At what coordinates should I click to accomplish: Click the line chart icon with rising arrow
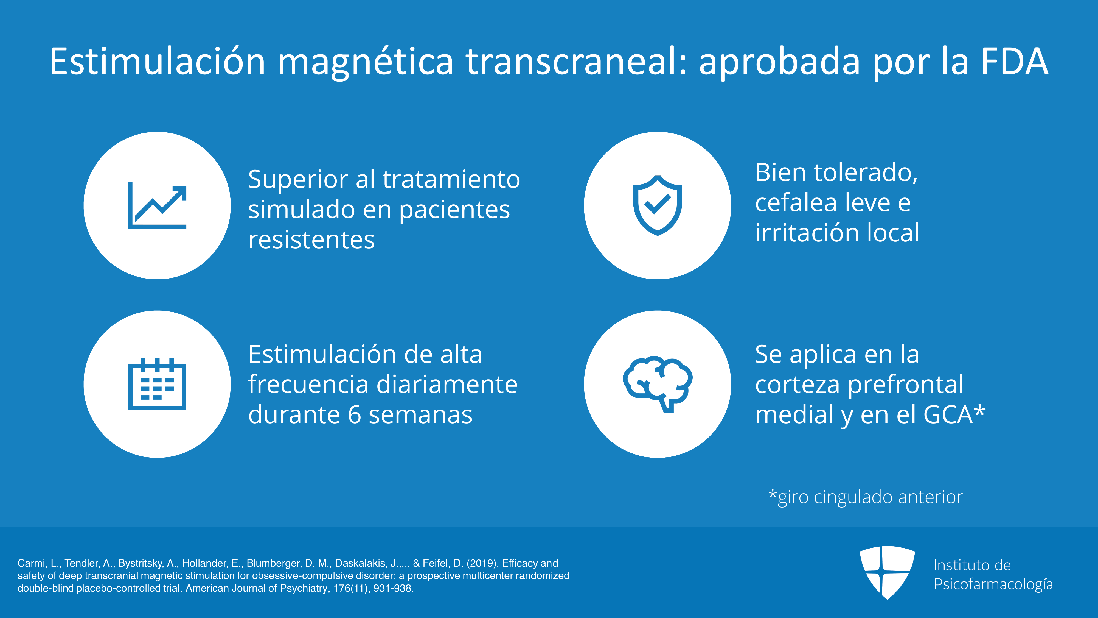(157, 205)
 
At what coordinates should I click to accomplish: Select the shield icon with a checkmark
(658, 205)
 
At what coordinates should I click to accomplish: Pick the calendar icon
(157, 384)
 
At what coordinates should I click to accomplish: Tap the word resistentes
(311, 240)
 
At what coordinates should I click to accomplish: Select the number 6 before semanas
(355, 414)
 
